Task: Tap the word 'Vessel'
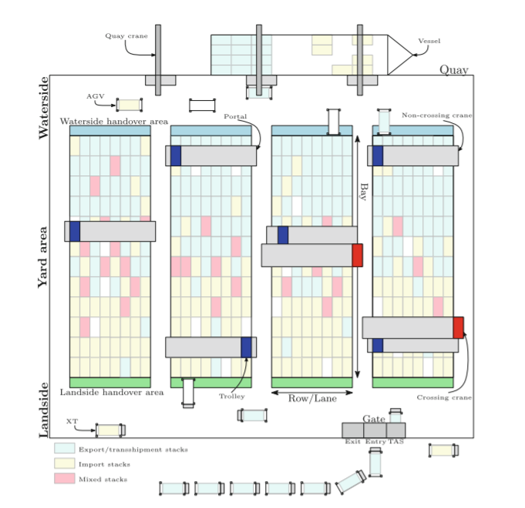coord(429,41)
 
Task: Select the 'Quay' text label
coord(453,69)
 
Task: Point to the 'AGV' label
coord(96,96)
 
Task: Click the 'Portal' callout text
coord(235,116)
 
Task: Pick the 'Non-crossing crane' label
coord(437,115)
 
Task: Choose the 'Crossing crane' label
coord(444,398)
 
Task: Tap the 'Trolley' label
coord(231,396)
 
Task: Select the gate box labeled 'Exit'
coord(352,430)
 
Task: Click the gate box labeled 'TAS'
coord(395,430)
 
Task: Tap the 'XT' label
coord(72,422)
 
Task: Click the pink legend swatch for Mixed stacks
coord(64,479)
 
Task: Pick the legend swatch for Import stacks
coord(64,464)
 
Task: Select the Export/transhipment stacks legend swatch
coord(64,449)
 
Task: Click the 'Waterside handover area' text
coord(114,122)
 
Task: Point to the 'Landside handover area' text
coord(112,393)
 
